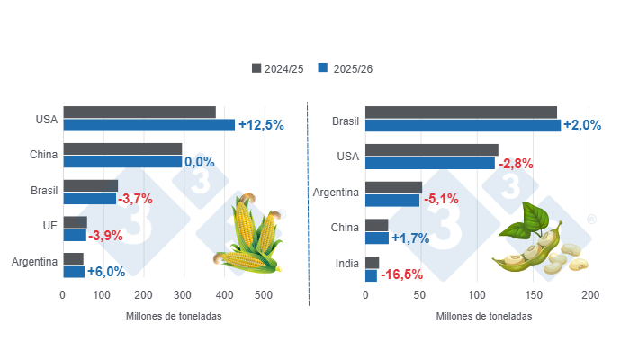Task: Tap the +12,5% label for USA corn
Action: click(261, 125)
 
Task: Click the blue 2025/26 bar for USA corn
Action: click(148, 125)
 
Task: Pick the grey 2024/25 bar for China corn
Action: click(122, 148)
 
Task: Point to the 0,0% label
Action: click(199, 162)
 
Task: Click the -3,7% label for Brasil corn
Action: click(136, 199)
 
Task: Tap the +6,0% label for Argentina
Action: click(106, 272)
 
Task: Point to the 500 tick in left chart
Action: click(263, 294)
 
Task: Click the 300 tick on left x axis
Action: click(183, 294)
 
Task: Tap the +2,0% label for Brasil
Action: click(581, 125)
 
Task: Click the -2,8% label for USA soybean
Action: click(516, 163)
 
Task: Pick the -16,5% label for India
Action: click(402, 275)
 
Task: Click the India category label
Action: click(346, 265)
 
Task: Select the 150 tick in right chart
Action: click(534, 294)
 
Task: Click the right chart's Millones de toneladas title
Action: click(483, 317)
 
